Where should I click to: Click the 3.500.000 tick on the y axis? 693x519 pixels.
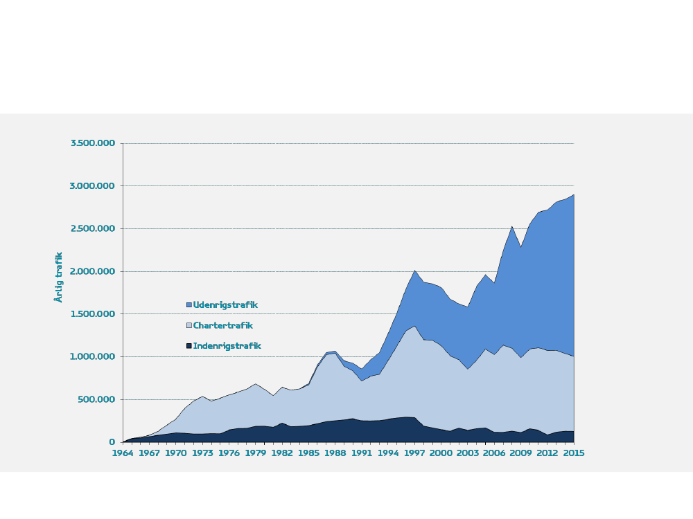[93, 143]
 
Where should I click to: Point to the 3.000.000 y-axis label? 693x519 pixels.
[93, 186]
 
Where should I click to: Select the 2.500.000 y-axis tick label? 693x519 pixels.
[93, 229]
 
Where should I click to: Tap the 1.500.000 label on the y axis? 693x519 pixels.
[93, 314]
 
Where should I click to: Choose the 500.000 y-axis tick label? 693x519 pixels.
[96, 399]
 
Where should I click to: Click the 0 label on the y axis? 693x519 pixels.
[112, 442]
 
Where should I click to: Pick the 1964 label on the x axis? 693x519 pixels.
[123, 453]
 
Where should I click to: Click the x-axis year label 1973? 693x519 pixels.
[202, 453]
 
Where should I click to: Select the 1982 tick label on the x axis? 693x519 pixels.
[282, 453]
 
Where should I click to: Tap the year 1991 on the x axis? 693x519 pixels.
[361, 453]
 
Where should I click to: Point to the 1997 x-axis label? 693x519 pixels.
[414, 453]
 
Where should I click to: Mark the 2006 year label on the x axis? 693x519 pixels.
[494, 453]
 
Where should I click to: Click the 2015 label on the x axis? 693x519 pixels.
[574, 453]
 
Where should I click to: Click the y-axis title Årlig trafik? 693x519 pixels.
[59, 277]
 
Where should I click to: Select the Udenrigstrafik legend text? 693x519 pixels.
[225, 305]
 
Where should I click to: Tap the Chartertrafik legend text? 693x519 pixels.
[222, 326]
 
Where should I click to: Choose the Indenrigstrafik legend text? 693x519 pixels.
[227, 346]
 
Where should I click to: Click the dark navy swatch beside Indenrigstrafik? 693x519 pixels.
[188, 346]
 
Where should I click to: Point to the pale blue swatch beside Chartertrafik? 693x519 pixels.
[188, 326]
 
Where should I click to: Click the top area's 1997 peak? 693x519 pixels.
[414, 271]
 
